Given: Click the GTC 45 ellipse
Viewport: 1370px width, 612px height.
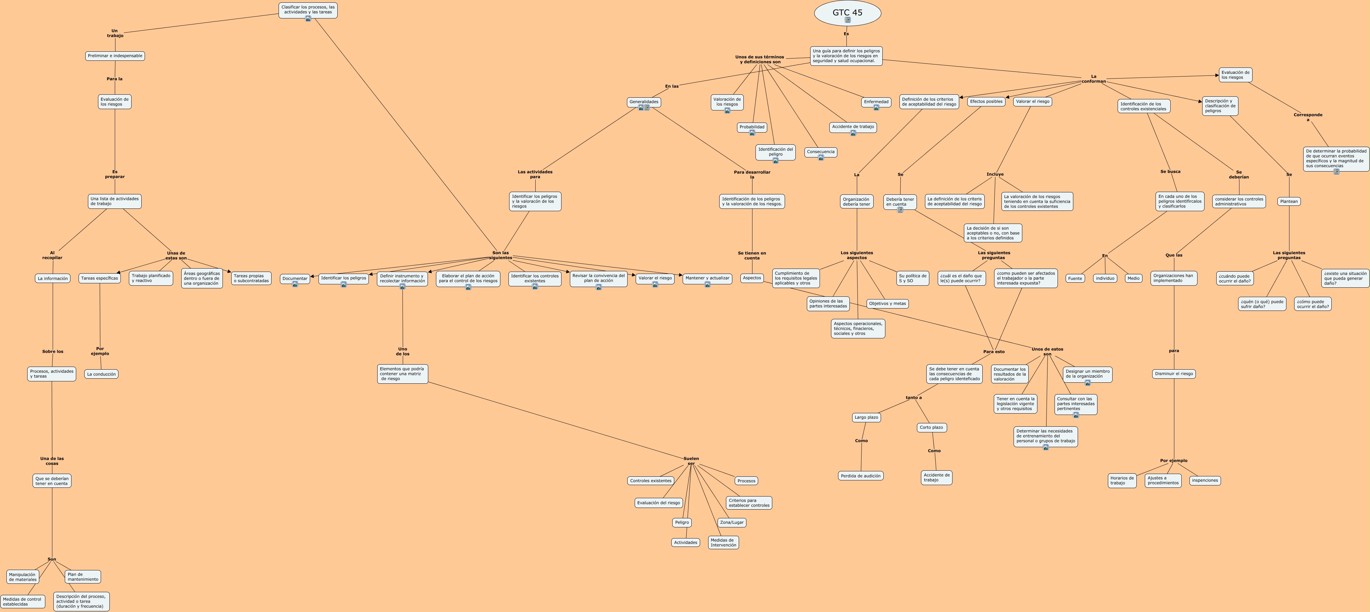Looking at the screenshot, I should click(x=847, y=13).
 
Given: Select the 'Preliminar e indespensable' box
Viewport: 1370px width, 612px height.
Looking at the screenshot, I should click(x=115, y=56).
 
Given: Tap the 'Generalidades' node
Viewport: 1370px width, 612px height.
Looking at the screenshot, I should click(x=643, y=102).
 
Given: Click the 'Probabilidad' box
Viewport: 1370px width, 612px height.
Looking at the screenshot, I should click(x=751, y=127).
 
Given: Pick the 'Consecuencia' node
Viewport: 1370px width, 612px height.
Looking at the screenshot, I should click(x=821, y=152).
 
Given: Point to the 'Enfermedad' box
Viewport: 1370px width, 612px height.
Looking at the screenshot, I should click(x=876, y=102).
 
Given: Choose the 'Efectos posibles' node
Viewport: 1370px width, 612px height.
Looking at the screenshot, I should click(x=986, y=101).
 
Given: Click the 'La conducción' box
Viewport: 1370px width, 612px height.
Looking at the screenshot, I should click(x=101, y=374).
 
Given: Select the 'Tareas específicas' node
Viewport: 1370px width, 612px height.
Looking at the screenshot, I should click(x=99, y=278).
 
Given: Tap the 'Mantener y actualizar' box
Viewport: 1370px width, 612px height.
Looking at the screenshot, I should click(x=707, y=278).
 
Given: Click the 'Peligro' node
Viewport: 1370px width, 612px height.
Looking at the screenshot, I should click(x=681, y=523).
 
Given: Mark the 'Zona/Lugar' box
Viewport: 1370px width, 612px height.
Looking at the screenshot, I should click(x=732, y=523).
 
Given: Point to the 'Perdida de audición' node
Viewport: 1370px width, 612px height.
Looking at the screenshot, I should click(x=861, y=476).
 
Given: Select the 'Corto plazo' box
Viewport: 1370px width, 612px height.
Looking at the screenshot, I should click(x=931, y=427).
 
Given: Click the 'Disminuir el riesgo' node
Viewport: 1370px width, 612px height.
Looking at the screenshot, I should click(x=1174, y=374).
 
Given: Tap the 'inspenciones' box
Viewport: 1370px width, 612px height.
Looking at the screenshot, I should click(x=1205, y=480).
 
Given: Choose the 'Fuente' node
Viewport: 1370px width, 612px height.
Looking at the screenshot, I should click(x=1075, y=278).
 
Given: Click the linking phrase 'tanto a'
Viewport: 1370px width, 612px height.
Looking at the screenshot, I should click(x=914, y=397).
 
